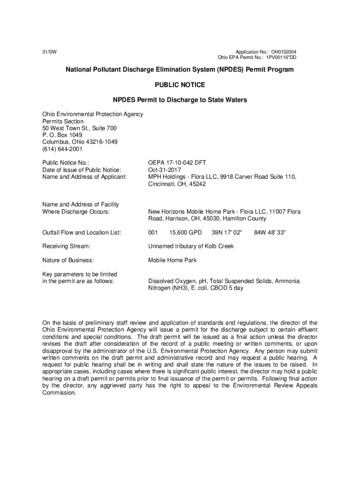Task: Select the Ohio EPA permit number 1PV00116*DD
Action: point(281,58)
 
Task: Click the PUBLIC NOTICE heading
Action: point(180,85)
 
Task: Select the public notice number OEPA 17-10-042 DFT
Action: point(177,162)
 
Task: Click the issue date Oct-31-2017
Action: point(165,170)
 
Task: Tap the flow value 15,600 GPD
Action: point(186,232)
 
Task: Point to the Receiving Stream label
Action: point(66,246)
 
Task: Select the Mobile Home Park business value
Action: point(173,260)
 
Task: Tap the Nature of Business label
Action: point(68,260)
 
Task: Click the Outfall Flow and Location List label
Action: point(82,232)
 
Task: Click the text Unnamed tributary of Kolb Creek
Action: point(191,246)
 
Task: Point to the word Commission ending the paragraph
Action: point(58,393)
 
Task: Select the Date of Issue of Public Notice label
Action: point(82,170)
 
